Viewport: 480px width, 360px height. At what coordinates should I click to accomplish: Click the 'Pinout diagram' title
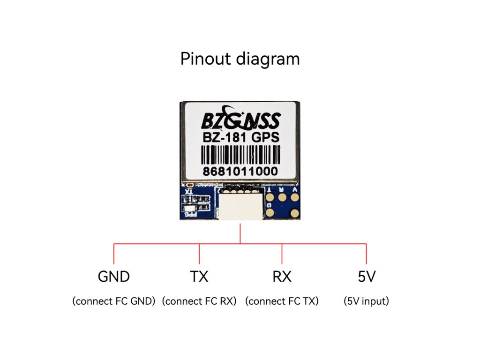(240, 59)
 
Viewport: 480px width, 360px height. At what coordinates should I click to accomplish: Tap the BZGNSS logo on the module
(241, 120)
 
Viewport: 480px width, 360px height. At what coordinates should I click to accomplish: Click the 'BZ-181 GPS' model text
(241, 137)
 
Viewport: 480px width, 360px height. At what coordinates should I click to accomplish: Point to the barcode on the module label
(241, 154)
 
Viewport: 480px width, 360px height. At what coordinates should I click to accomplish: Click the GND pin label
(114, 277)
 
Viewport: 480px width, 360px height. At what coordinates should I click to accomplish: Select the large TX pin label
(199, 277)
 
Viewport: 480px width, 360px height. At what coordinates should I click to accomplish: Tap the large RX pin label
(282, 277)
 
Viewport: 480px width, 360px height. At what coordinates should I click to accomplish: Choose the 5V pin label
(367, 277)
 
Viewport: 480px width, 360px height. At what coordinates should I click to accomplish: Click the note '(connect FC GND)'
(114, 301)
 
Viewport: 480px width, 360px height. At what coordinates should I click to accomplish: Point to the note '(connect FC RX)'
(199, 301)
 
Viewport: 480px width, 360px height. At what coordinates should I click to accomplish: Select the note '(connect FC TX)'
(282, 301)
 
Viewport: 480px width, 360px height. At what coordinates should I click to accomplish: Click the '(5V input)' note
(367, 301)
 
